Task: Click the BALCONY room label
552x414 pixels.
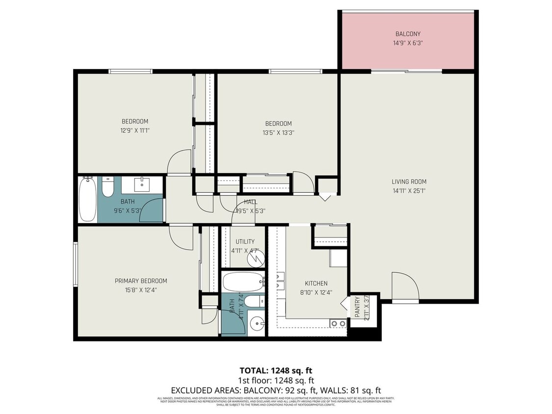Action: [408, 34]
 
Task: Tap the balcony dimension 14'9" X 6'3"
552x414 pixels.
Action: [408, 43]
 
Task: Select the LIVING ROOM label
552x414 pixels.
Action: [409, 182]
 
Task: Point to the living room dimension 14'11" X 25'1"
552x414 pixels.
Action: [409, 191]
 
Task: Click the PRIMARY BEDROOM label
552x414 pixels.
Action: [141, 281]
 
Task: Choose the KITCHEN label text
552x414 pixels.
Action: [316, 283]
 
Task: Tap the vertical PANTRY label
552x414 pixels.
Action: [357, 306]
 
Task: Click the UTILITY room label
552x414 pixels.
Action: [245, 241]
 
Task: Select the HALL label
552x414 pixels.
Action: [251, 202]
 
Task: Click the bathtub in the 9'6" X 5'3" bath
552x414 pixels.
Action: [88, 199]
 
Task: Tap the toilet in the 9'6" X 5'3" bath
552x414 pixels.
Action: [108, 186]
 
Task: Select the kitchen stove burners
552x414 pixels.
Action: [337, 323]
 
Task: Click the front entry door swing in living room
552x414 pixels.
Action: [404, 285]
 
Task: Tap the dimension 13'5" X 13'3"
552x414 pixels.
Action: [278, 132]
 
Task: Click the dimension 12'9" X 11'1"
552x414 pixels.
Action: [135, 130]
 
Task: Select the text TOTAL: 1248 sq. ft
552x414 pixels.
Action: [276, 370]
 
